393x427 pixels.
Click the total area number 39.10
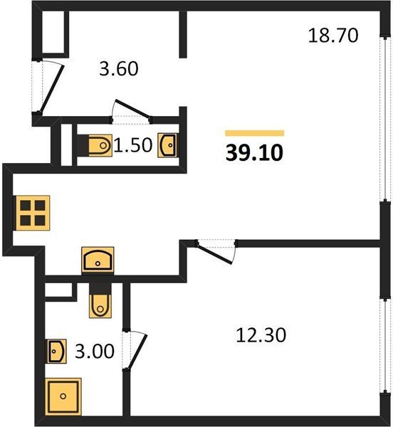pyautogui.click(x=254, y=153)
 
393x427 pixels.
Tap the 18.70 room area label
pyautogui.click(x=332, y=36)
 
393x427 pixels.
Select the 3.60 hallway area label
pyautogui.click(x=118, y=69)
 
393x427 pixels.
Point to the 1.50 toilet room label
pyautogui.click(x=132, y=145)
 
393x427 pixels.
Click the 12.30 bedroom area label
pyautogui.click(x=261, y=335)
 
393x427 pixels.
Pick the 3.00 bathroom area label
pyautogui.click(x=94, y=352)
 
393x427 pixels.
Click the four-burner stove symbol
pyautogui.click(x=33, y=213)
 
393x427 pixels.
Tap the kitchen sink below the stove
pyautogui.click(x=98, y=260)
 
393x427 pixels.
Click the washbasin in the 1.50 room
pyautogui.click(x=168, y=145)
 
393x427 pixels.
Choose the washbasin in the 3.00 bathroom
pyautogui.click(x=57, y=351)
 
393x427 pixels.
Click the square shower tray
pyautogui.click(x=63, y=396)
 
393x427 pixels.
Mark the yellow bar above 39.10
pyautogui.click(x=255, y=133)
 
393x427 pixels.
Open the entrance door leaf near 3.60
pyautogui.click(x=52, y=88)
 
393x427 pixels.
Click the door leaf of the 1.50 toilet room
pyautogui.click(x=133, y=109)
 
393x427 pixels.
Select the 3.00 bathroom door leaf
pyautogui.click(x=138, y=352)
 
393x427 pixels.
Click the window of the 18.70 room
pyautogui.click(x=385, y=119)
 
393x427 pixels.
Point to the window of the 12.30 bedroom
pyautogui.click(x=385, y=345)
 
